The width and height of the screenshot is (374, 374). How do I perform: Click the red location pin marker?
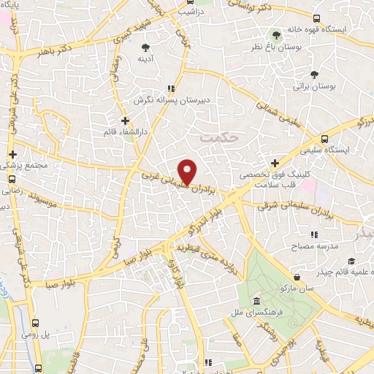click(x=188, y=171)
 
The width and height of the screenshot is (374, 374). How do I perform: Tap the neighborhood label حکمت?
click(x=218, y=137)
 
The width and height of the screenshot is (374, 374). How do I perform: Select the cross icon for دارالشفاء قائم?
click(x=126, y=121)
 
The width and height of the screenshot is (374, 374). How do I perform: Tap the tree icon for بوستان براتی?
click(x=315, y=75)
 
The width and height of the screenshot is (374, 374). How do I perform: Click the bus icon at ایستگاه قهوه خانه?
click(x=316, y=19)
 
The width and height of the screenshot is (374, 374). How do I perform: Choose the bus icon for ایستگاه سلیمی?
click(x=323, y=138)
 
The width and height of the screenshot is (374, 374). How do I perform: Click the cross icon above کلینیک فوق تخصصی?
click(x=275, y=163)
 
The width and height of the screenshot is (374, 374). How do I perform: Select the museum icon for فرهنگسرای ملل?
click(x=256, y=302)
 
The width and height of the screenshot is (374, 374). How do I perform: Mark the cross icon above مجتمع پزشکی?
click(x=12, y=155)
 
